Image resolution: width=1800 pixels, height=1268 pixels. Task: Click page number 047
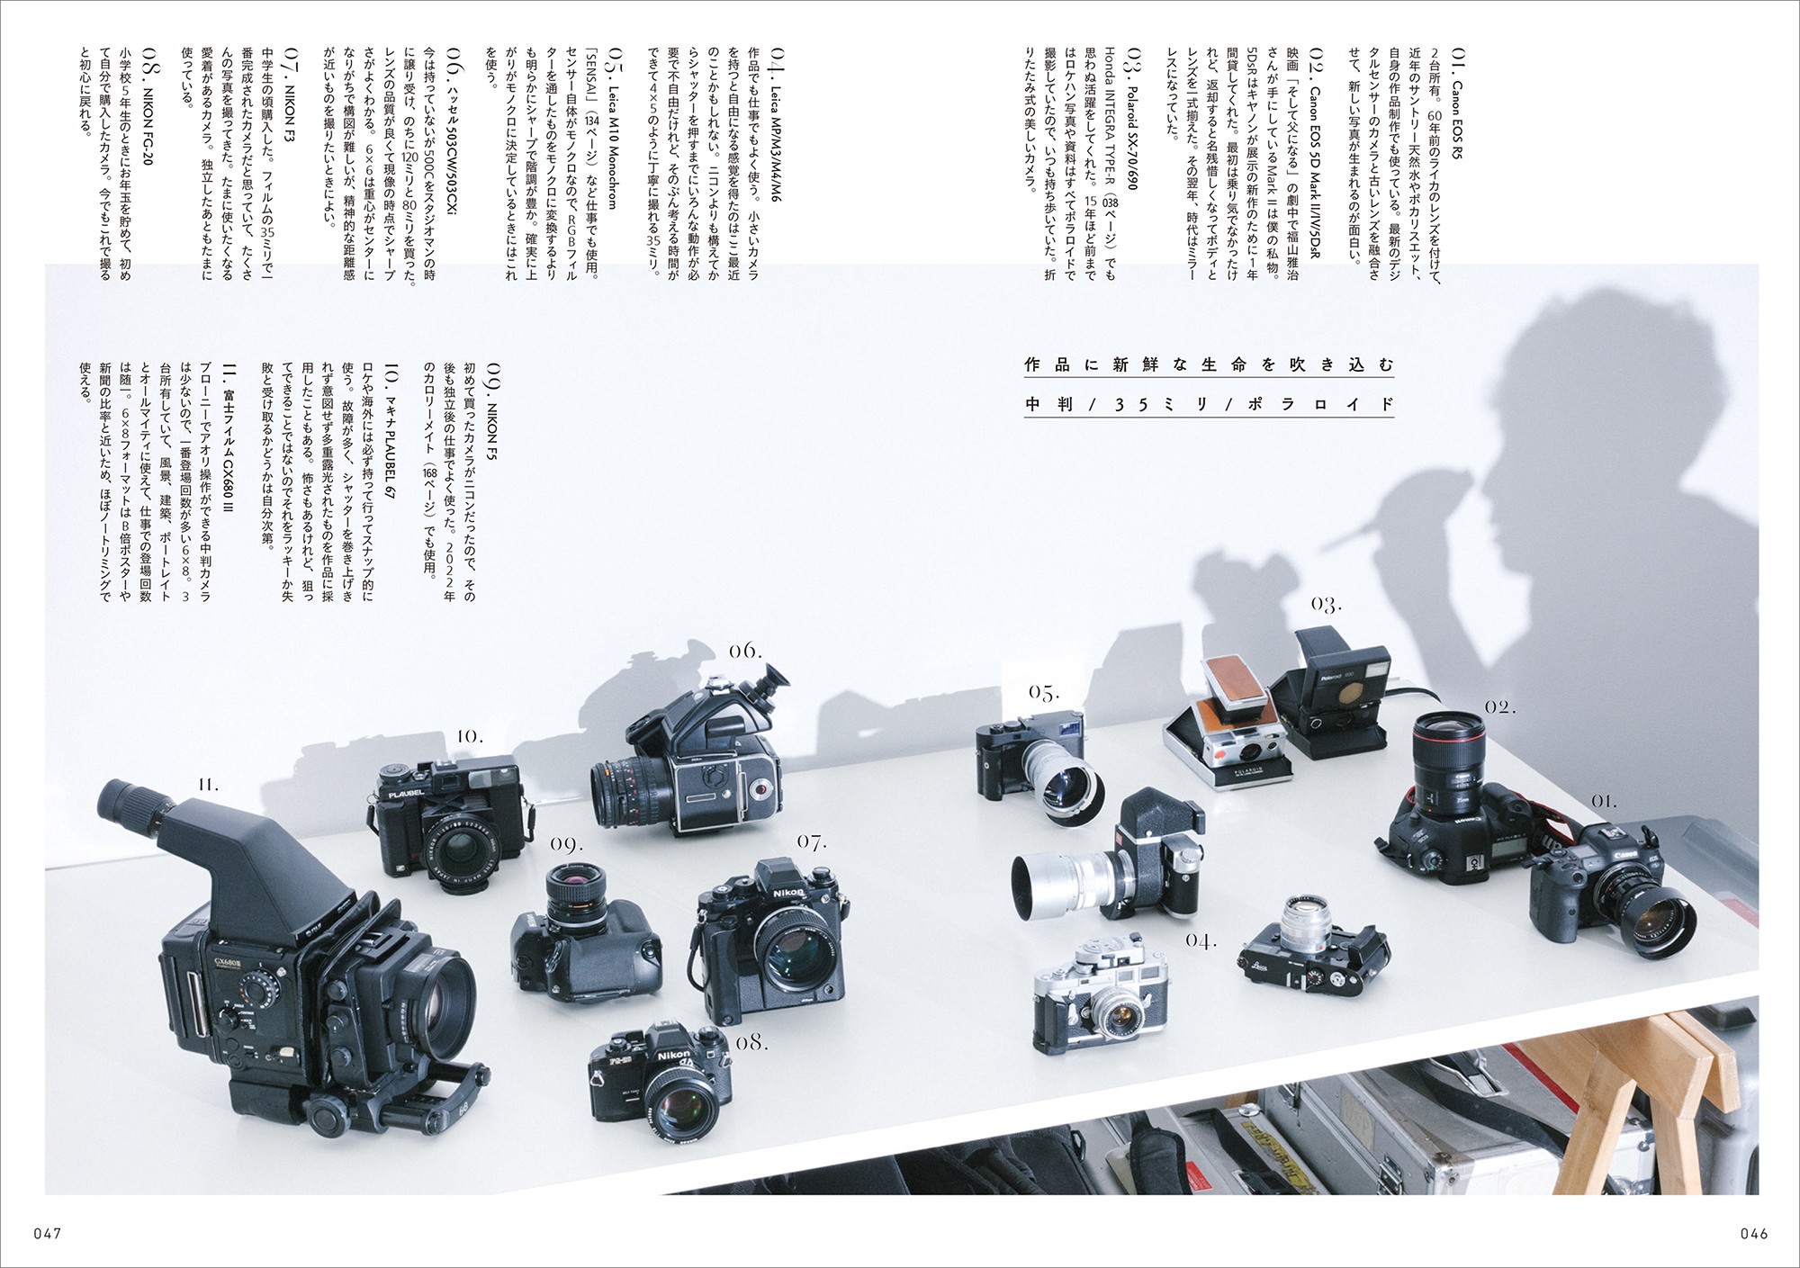pos(46,1233)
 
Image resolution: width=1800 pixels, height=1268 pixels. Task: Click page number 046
pos(1752,1233)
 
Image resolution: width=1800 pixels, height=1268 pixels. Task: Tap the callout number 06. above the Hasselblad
pos(745,651)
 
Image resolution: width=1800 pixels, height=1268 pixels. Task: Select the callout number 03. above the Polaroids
pos(1326,604)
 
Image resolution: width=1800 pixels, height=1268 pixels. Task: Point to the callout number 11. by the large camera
pos(208,785)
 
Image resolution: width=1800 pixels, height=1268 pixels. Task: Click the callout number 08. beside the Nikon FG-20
pos(751,1042)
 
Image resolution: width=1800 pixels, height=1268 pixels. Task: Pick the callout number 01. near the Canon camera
pos(1603,800)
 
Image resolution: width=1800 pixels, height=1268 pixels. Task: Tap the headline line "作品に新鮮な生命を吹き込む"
pos(1209,364)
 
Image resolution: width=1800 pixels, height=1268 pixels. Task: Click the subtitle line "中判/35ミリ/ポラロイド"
pos(1209,404)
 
